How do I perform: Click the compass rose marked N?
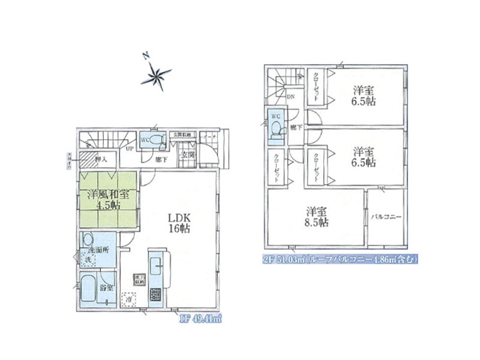pos(157,72)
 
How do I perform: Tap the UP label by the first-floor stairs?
pos(130,149)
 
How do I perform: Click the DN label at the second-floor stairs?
pos(291,96)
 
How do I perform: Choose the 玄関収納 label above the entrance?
pos(182,135)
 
